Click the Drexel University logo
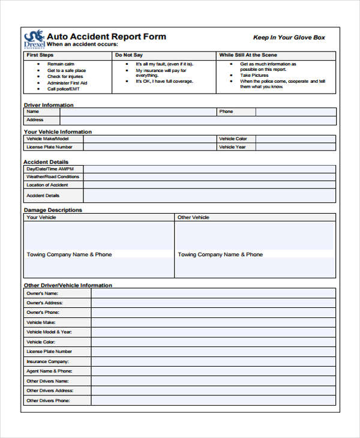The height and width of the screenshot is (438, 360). tap(34, 40)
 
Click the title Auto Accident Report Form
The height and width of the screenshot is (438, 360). tap(106, 36)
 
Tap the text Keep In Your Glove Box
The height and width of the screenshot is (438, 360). tap(289, 37)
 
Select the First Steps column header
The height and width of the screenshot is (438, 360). tap(40, 55)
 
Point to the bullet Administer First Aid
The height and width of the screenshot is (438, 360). tap(67, 83)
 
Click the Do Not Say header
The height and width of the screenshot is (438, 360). tap(129, 55)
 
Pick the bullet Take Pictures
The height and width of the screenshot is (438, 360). tap(254, 76)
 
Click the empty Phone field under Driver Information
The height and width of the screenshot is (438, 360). tap(295, 112)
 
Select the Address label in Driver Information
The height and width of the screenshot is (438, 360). tap(35, 120)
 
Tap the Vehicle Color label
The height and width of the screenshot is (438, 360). tap(233, 139)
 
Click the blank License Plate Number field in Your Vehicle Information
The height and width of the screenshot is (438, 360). tap(149, 147)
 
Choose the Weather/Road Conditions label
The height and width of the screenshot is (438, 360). tap(52, 177)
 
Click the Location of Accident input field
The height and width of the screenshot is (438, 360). tap(209, 185)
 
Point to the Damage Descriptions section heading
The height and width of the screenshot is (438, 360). tap(53, 210)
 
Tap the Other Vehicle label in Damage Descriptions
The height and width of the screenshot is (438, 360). tap(193, 217)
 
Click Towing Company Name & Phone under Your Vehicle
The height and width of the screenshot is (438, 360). tap(69, 254)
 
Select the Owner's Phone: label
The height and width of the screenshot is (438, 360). tap(43, 313)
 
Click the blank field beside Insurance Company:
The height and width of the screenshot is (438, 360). tap(213, 362)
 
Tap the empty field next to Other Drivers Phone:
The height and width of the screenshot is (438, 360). tap(213, 401)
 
